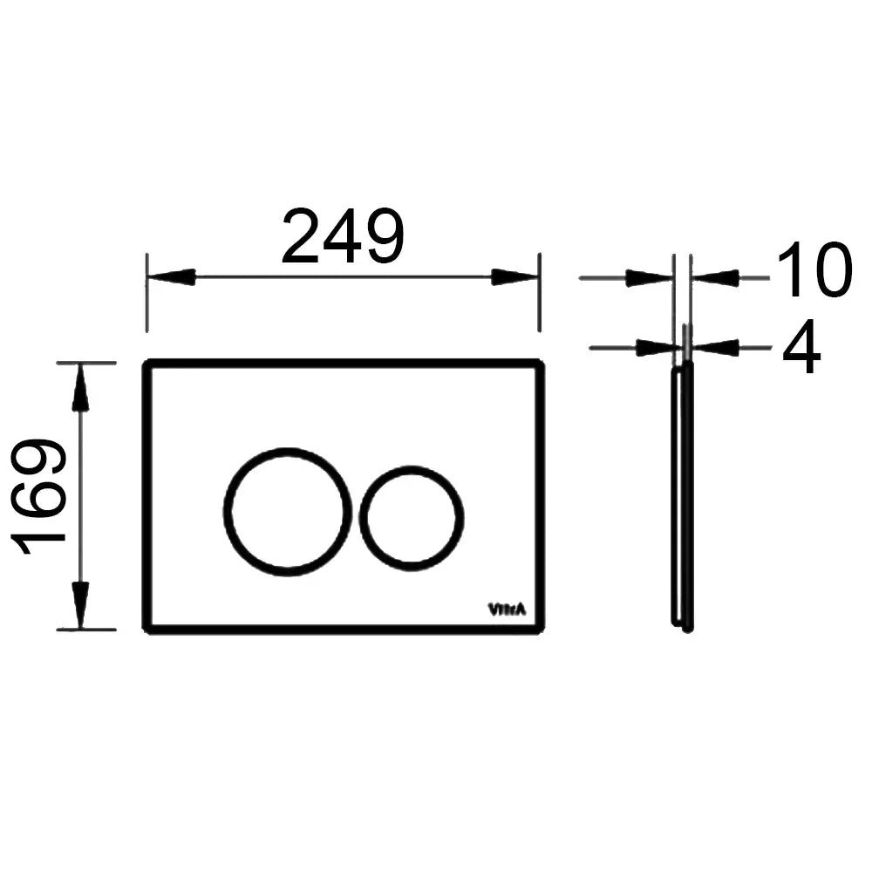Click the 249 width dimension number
343,237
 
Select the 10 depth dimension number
814,269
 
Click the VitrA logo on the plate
507,610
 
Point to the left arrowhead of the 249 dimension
171,277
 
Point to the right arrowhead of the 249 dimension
515,277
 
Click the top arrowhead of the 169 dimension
81,387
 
